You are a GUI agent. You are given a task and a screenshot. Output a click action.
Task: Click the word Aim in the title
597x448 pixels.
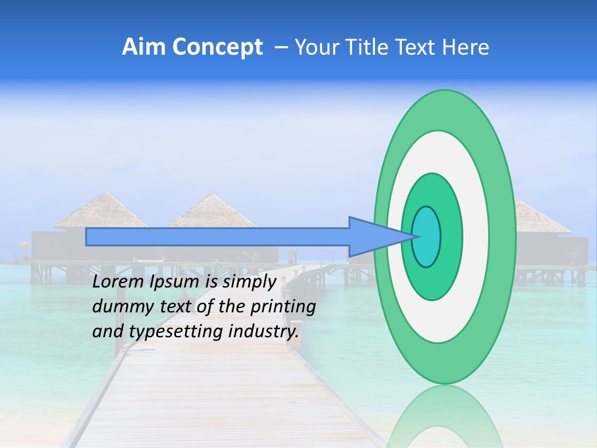(144, 47)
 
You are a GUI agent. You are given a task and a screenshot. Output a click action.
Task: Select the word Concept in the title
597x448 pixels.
(218, 47)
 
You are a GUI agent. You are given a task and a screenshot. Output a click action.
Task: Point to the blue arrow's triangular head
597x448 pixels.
(373, 236)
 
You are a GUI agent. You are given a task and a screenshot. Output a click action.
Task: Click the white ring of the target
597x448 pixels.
(476, 236)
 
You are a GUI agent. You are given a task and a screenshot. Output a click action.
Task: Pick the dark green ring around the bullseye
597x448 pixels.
(452, 236)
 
